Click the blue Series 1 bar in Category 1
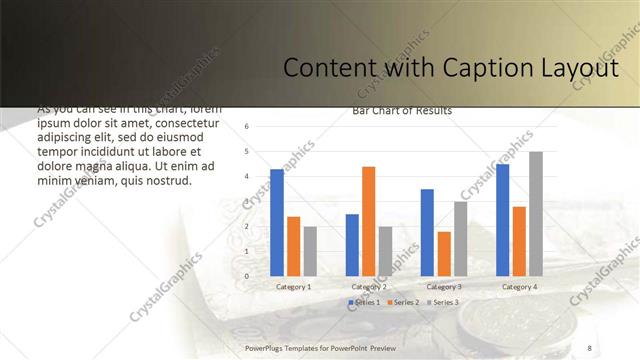tap(277, 223)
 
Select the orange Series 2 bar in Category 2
tap(368, 221)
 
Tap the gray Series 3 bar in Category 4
tap(536, 214)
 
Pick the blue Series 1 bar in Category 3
tap(427, 233)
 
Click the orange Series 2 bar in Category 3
tap(444, 254)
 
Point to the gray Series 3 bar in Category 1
tap(310, 251)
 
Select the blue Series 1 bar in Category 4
tap(502, 220)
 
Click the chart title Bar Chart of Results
tap(402, 111)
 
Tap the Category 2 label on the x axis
tap(368, 287)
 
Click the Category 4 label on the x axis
tap(518, 287)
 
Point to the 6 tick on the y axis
tap(247, 127)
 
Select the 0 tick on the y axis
tap(247, 276)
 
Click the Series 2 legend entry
tap(403, 302)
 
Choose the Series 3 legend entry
tap(442, 302)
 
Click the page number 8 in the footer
tap(589, 347)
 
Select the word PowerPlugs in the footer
tap(266, 347)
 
